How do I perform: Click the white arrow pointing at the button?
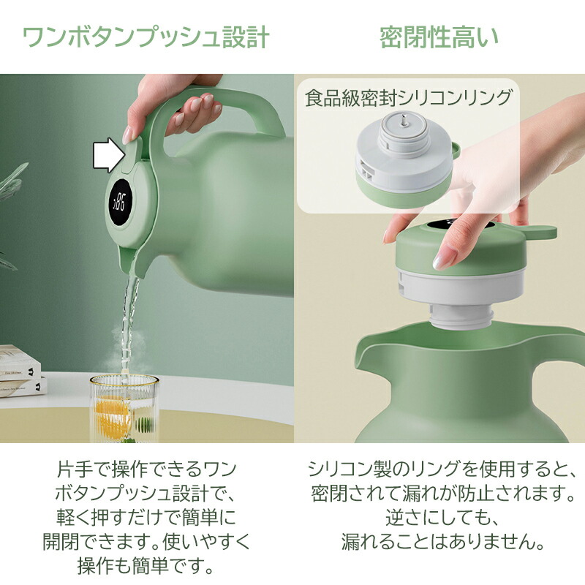107,155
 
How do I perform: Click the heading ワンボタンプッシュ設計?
146,37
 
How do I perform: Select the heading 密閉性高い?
439,37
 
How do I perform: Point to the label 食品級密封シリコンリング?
408,98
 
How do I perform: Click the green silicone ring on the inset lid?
404,189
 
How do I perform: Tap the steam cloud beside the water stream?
127,347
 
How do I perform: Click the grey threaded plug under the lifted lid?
461,316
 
